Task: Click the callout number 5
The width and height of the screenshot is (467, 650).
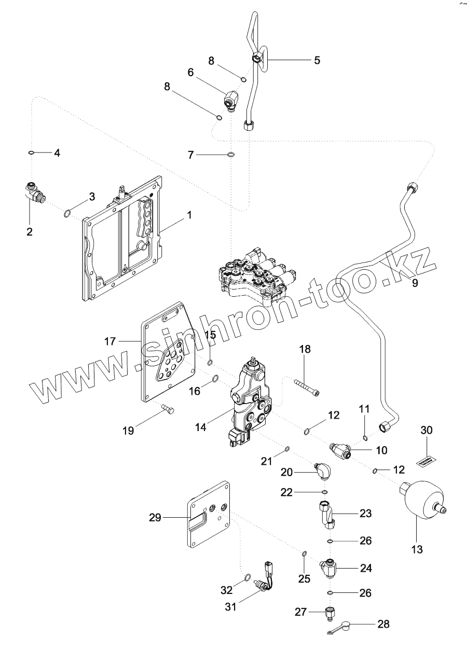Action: point(317,60)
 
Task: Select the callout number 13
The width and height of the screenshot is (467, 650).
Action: point(417,548)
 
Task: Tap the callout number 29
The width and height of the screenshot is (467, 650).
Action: point(155,517)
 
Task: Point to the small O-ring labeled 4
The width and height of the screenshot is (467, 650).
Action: point(31,153)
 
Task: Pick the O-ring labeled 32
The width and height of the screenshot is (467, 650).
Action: point(247,578)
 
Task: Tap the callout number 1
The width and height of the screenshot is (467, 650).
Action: point(189,215)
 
